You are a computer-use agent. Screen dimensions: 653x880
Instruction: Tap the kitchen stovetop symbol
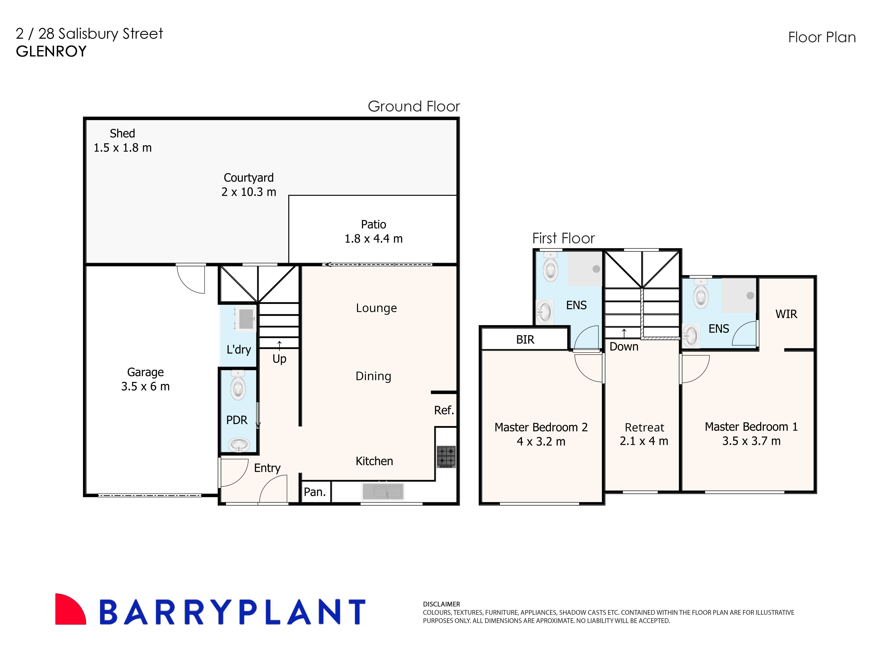(446, 456)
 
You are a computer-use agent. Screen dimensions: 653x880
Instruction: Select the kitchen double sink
(383, 491)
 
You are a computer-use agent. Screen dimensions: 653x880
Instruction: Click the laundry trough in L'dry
(246, 319)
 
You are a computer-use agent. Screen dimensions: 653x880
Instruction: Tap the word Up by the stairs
(279, 359)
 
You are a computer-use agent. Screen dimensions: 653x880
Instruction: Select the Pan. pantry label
(314, 492)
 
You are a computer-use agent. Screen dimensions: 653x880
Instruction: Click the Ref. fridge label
(444, 410)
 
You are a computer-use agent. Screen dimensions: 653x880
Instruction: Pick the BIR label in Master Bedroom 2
(525, 340)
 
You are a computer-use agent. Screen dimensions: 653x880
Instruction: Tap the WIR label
(786, 314)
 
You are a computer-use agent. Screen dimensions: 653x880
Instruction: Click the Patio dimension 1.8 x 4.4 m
(373, 239)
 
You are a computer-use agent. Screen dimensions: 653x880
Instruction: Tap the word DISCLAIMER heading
(441, 604)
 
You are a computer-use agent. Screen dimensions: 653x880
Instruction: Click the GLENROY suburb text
(51, 51)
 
